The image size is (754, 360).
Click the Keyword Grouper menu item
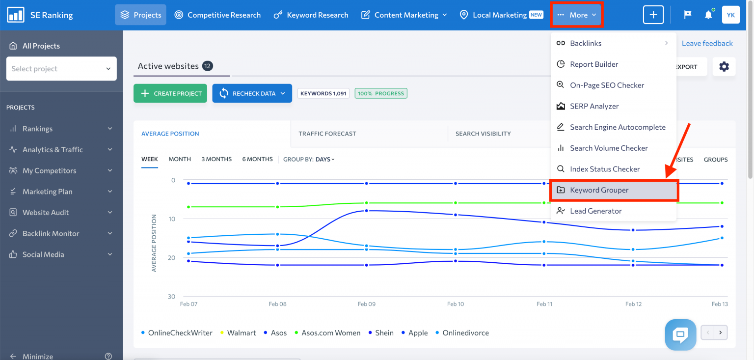[599, 190]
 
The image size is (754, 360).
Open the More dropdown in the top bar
[577, 15]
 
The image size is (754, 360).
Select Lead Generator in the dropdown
[595, 211]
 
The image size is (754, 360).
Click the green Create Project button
[170, 93]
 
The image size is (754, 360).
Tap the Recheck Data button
[252, 93]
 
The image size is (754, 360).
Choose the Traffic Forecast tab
[327, 134]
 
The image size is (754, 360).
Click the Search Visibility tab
[483, 134]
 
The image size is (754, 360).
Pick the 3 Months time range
[216, 159]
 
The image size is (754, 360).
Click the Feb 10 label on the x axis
[456, 304]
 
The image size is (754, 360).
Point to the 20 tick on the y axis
[171, 257]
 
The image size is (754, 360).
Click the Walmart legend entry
[242, 333]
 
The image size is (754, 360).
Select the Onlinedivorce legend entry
[465, 333]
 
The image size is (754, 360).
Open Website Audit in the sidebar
[46, 213]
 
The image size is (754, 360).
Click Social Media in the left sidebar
[43, 254]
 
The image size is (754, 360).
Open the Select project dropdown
[61, 69]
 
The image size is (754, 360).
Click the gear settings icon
[724, 67]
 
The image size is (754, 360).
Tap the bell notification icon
[708, 15]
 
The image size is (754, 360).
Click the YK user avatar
[730, 15]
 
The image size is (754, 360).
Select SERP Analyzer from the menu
[594, 106]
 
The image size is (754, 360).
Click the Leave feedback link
[707, 43]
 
